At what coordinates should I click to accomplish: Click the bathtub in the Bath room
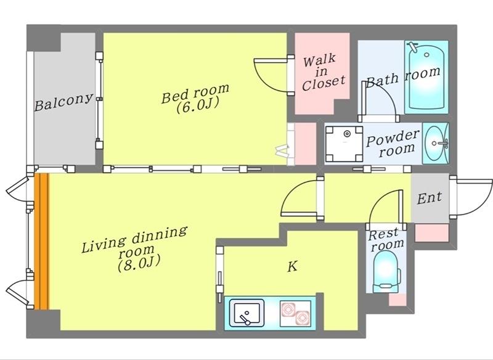[x=426, y=77]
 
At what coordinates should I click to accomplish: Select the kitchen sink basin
[x=246, y=313]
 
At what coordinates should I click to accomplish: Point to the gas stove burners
[x=296, y=313]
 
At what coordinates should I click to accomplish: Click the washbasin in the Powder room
[x=436, y=144]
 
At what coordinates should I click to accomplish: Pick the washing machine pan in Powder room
[x=344, y=144]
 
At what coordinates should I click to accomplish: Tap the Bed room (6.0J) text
[x=195, y=98]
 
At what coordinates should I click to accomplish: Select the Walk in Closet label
[x=323, y=73]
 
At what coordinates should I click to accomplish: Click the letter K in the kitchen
[x=292, y=267]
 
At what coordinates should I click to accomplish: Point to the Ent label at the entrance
[x=430, y=197]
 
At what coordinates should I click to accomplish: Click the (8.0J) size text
[x=139, y=263]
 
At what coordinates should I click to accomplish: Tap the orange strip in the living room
[x=42, y=241]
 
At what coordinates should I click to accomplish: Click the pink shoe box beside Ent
[x=432, y=233]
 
